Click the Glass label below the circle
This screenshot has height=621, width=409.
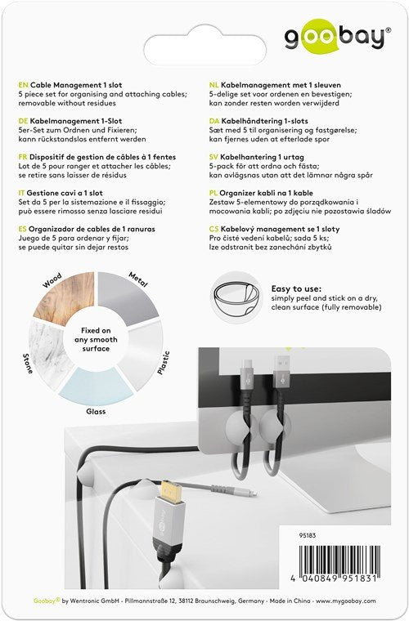coord(97,412)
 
